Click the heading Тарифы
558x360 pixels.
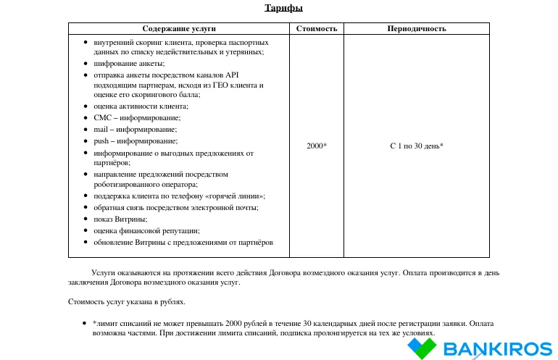click(x=279, y=8)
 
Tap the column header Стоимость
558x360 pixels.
click(x=317, y=29)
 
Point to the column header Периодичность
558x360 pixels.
click(x=416, y=29)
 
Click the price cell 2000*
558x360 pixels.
click(x=317, y=146)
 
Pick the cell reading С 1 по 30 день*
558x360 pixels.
click(x=416, y=146)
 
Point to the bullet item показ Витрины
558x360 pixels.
click(x=120, y=219)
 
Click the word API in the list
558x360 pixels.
click(x=232, y=75)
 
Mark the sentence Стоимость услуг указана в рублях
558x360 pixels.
click(x=127, y=301)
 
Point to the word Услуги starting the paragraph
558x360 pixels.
click(x=105, y=273)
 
